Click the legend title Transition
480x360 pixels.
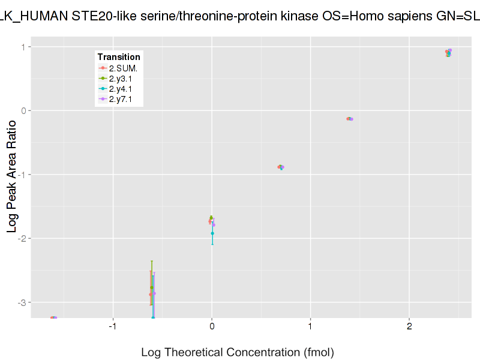coord(119,57)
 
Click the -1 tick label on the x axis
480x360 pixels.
coord(112,326)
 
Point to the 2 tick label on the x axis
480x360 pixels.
coord(409,326)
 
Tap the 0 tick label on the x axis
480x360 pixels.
coord(212,326)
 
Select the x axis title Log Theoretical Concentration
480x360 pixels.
coord(237,352)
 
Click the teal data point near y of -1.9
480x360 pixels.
coord(212,233)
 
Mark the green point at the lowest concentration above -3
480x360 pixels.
coord(152,288)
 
